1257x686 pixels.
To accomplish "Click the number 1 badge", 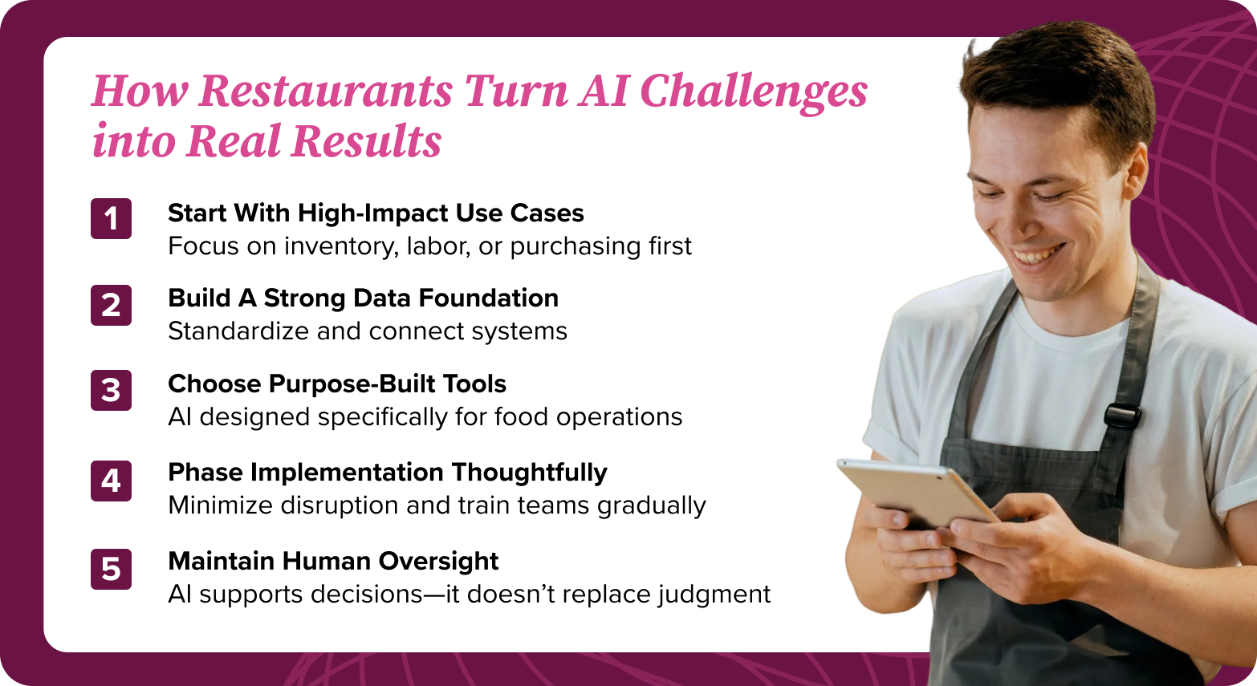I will [x=111, y=218].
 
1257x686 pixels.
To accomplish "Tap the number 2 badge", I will [x=111, y=305].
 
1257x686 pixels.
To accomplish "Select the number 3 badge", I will [x=111, y=391].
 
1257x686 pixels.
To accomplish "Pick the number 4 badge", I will [x=111, y=481].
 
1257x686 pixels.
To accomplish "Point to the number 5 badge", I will [x=111, y=569].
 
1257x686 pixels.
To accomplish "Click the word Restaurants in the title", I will [x=326, y=91].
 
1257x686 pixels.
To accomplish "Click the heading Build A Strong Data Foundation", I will [x=363, y=298].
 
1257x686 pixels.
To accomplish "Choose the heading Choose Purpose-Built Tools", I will [x=337, y=384].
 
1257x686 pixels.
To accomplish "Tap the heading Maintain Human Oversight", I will [x=333, y=561].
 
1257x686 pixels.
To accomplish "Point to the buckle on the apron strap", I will [x=1121, y=415].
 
